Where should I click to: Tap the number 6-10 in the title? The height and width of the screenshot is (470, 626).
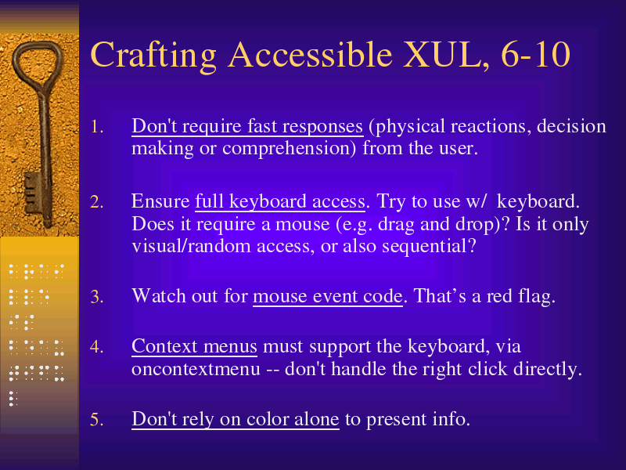(x=535, y=54)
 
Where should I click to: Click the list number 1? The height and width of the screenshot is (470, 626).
(x=97, y=127)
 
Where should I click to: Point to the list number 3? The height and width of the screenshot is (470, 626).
(x=97, y=297)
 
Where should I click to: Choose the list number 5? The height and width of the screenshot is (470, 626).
(x=97, y=419)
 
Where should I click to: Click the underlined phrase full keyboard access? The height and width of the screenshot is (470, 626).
(x=280, y=202)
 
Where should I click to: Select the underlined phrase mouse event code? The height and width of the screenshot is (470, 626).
(x=328, y=297)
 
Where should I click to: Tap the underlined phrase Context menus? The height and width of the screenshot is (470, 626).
(x=194, y=346)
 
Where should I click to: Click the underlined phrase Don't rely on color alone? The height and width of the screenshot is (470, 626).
(x=236, y=420)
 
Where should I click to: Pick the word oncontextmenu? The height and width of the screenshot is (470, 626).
(x=196, y=369)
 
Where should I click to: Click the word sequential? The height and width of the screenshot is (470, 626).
(x=429, y=246)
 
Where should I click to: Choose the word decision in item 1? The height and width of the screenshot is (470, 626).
(x=571, y=127)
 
